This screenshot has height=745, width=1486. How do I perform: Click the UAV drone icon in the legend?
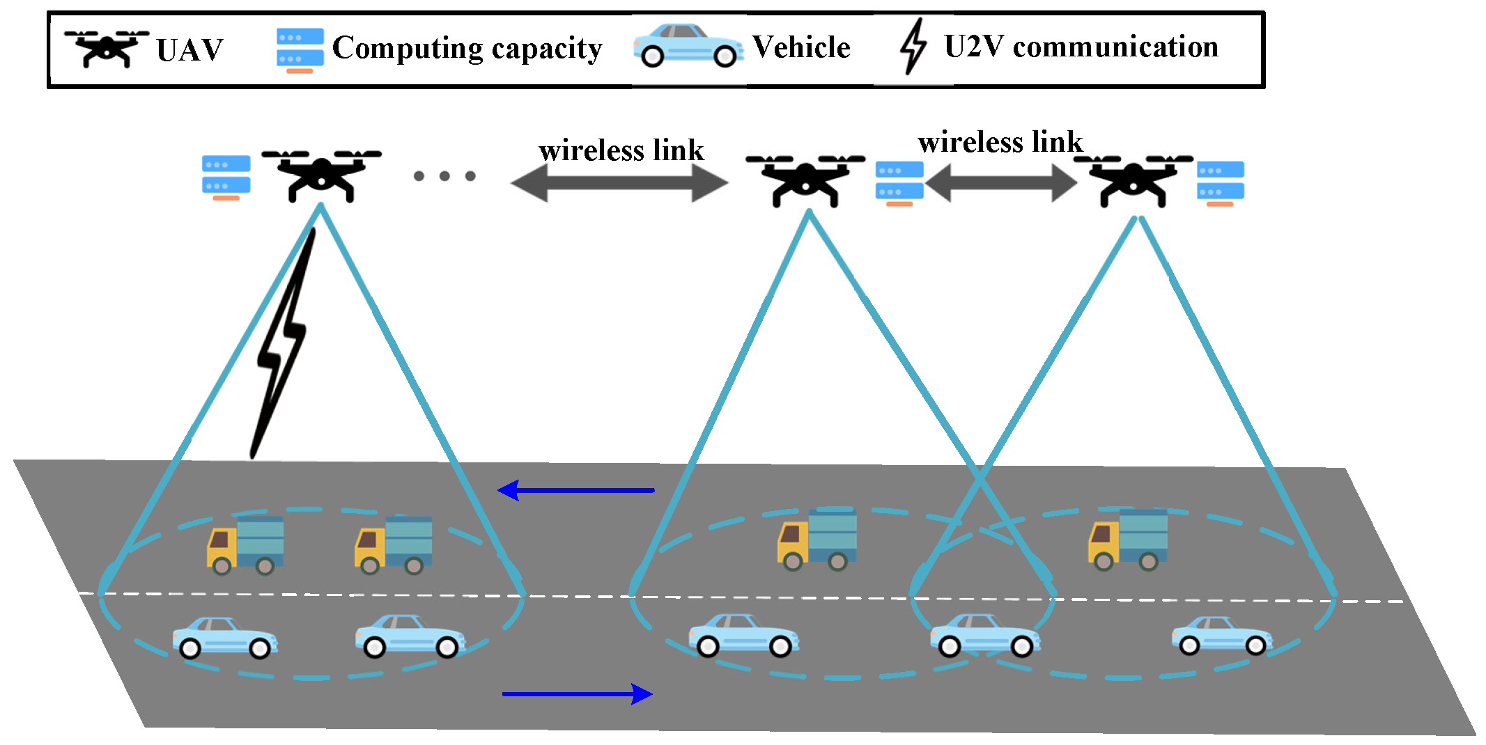tap(107, 49)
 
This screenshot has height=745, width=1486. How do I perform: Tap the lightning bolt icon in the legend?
tap(913, 46)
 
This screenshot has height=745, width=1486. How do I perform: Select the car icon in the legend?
tap(688, 46)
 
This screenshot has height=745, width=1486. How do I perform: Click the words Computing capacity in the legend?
tap(467, 49)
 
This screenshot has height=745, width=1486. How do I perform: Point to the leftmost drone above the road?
tap(321, 175)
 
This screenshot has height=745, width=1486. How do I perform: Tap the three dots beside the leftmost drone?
tap(444, 176)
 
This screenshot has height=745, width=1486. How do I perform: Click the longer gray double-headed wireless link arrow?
tap(619, 184)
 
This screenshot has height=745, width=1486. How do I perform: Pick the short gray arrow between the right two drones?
tap(1001, 183)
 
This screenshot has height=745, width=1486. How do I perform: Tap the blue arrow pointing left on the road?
tap(575, 490)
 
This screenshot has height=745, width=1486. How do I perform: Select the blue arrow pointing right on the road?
tap(578, 693)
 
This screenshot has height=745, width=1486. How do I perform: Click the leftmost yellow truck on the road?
tap(245, 545)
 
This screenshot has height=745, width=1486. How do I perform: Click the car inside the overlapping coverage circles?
tap(984, 635)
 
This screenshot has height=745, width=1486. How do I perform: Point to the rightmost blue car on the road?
tap(1222, 636)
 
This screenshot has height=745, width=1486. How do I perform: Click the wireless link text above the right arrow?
tap(1000, 142)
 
